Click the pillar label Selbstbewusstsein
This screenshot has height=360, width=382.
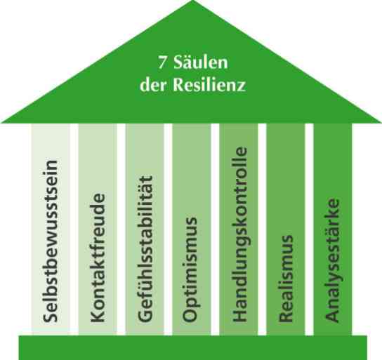(x=51, y=241)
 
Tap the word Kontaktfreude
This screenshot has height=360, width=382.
(x=98, y=258)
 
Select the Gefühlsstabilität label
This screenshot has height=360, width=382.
(x=145, y=248)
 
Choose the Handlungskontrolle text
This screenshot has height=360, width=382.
(x=240, y=234)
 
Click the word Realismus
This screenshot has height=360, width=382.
(x=286, y=279)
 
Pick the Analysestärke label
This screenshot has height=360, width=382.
(x=332, y=260)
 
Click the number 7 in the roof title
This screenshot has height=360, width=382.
(x=162, y=62)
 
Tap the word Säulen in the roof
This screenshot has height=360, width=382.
(x=201, y=62)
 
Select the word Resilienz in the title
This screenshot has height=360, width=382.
(x=209, y=84)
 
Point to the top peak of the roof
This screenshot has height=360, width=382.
(x=192, y=1)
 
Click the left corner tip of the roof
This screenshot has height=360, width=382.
(x=1, y=121)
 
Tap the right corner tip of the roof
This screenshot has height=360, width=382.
(x=381, y=121)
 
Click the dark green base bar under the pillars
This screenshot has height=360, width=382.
(x=192, y=347)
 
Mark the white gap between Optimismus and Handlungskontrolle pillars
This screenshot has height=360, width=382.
(x=215, y=229)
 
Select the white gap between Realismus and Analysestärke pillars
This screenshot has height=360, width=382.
(x=309, y=229)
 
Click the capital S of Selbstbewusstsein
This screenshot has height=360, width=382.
(x=51, y=316)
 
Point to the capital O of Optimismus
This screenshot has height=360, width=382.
(x=190, y=314)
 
